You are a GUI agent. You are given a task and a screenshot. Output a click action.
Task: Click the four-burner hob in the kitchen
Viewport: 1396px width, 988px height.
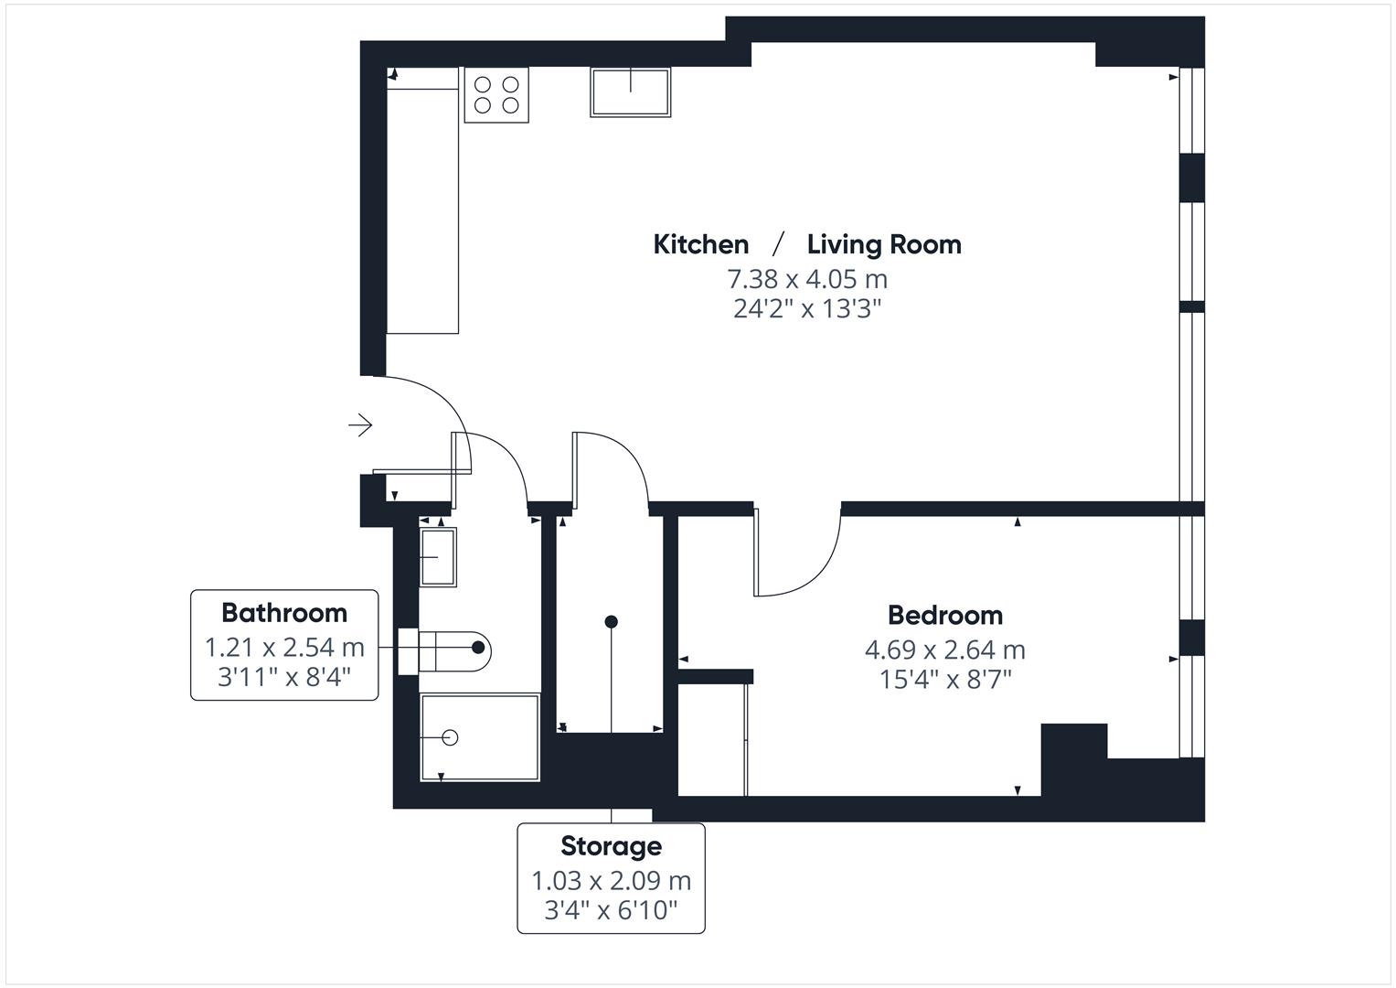(496, 94)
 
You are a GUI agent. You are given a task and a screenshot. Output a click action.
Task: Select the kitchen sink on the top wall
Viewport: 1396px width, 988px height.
(630, 92)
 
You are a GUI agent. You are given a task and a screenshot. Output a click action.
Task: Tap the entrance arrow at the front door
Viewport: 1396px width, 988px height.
(360, 425)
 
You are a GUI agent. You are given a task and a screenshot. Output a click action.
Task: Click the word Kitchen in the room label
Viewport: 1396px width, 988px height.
(700, 244)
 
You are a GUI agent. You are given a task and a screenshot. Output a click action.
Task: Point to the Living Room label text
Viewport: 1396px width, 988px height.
(883, 244)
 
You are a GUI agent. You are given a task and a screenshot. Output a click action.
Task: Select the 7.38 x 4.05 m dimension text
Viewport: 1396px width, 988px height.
(806, 278)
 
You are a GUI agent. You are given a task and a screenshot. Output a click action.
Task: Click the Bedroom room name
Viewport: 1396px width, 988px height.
(944, 615)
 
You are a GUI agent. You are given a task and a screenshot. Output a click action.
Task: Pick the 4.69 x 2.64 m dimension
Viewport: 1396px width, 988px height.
(944, 650)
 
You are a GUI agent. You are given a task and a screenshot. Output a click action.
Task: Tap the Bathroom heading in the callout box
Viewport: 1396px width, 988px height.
(284, 612)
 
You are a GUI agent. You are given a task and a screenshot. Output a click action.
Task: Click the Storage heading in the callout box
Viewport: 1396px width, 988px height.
(611, 845)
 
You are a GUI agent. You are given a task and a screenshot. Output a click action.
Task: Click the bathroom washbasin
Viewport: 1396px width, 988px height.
(439, 556)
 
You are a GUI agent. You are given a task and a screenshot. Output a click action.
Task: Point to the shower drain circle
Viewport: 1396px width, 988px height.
(449, 737)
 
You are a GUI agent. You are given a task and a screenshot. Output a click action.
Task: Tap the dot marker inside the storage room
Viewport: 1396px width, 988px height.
(612, 622)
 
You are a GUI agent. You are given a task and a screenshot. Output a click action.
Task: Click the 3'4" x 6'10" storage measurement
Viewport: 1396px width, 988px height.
(611, 910)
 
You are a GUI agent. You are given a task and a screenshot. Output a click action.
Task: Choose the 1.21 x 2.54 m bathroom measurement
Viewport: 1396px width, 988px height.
(284, 648)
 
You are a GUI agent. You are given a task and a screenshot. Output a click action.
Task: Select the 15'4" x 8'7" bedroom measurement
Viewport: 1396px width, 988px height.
(944, 680)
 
